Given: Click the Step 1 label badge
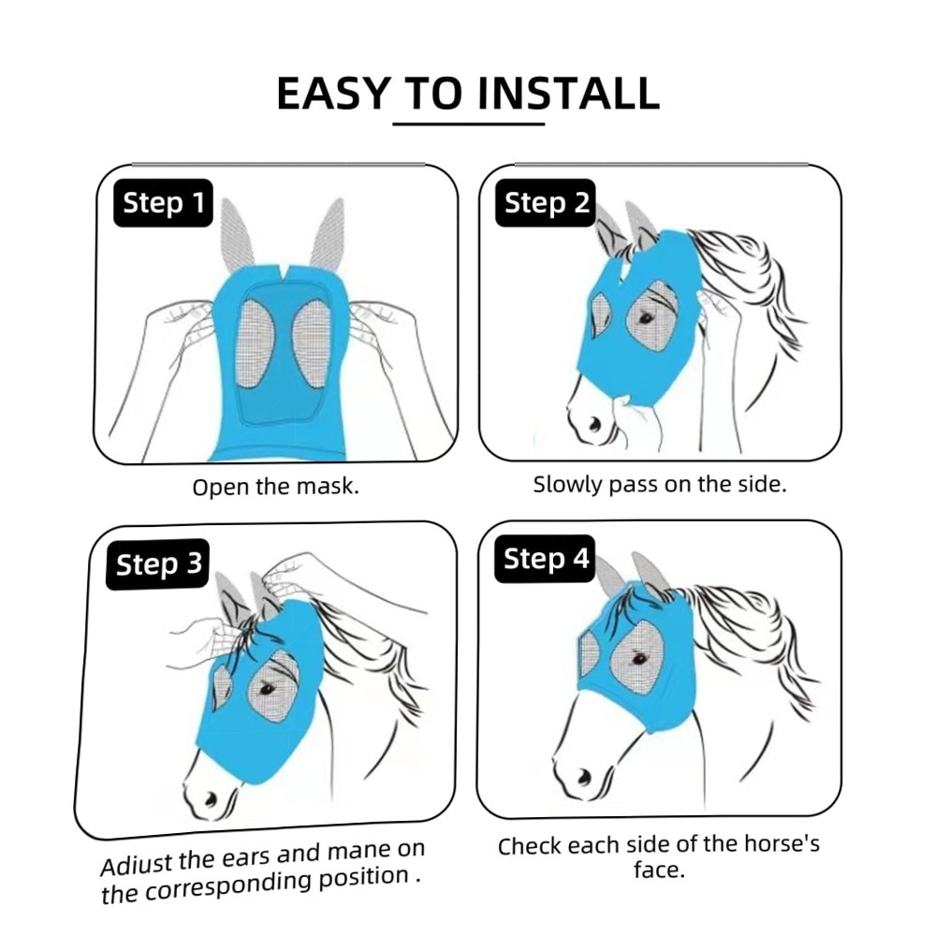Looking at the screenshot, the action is (x=163, y=203).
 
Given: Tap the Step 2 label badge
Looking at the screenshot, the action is (x=546, y=203).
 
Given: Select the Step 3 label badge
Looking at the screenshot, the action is (x=158, y=564).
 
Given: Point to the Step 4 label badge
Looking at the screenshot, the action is (x=545, y=559).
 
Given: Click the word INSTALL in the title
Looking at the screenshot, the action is (x=569, y=94).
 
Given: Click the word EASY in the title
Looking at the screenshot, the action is (x=334, y=94).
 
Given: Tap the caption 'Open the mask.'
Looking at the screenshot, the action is (x=276, y=487).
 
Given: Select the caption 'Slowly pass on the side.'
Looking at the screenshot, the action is (x=660, y=484).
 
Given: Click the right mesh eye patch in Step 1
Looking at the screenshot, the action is (x=312, y=342).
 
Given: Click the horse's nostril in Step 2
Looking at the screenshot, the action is (x=595, y=424).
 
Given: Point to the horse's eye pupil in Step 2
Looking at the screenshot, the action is (x=645, y=318).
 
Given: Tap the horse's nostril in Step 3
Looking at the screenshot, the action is (x=210, y=797).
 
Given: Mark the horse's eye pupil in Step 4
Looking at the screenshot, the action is (x=639, y=659).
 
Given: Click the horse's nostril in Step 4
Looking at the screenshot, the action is (x=584, y=777).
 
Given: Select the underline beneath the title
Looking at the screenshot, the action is (x=469, y=124).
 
